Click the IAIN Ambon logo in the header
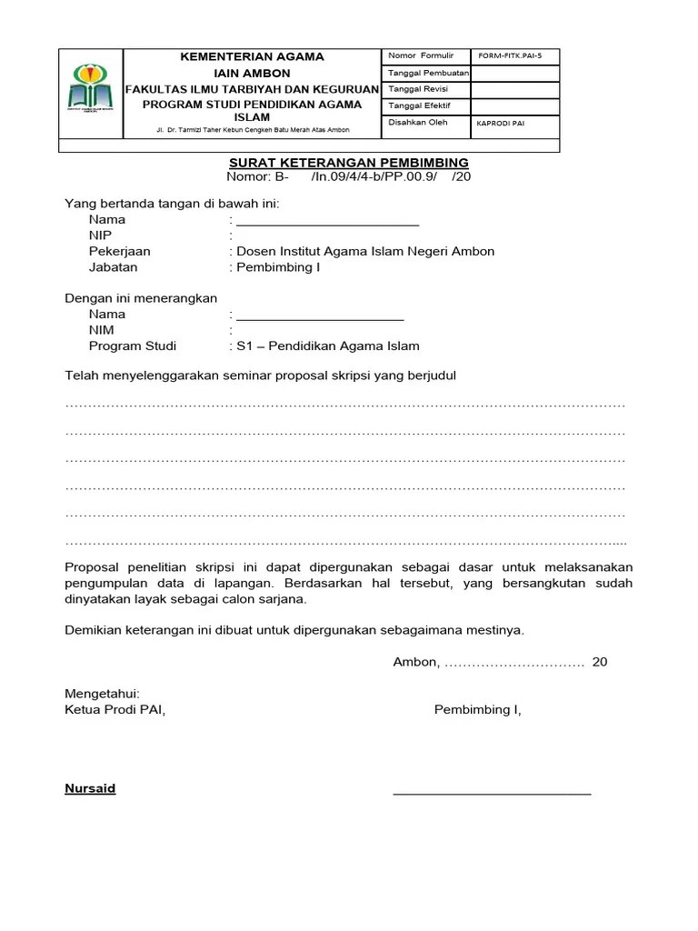91,92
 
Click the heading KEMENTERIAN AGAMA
252,56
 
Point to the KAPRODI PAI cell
500,123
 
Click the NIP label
100,235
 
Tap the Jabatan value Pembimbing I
278,267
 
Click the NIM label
101,330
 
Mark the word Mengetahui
102,693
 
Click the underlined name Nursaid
90,788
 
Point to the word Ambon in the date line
414,662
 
